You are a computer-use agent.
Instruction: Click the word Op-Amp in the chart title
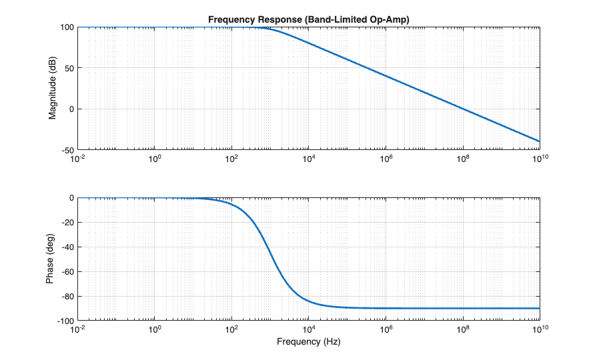(x=388, y=20)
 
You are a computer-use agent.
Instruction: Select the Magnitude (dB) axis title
(x=52, y=88)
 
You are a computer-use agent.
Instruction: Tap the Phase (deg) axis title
(x=52, y=259)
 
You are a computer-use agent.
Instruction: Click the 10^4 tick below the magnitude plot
(x=308, y=159)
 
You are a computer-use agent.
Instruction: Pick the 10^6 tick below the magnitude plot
(x=385, y=159)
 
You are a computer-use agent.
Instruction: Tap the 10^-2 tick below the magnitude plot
(x=78, y=159)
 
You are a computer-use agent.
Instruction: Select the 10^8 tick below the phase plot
(x=462, y=329)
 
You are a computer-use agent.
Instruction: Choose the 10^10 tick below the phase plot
(x=539, y=329)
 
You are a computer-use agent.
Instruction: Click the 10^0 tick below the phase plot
(x=155, y=329)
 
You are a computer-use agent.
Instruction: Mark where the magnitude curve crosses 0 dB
(x=462, y=109)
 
